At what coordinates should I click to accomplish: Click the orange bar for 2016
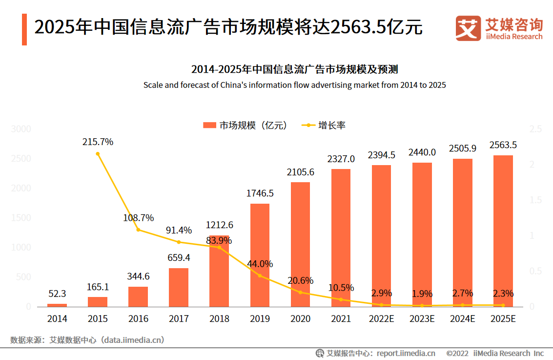(138, 296)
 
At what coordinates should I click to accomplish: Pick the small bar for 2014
(57, 305)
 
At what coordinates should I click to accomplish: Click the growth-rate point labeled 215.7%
(98, 154)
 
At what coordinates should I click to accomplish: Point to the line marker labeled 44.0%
(260, 275)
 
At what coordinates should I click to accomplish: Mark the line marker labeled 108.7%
(138, 230)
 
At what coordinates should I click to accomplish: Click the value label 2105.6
(300, 172)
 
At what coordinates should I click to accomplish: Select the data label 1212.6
(219, 225)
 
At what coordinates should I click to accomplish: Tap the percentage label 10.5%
(341, 288)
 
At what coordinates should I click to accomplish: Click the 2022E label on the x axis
(381, 319)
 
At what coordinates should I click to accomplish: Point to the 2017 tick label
(179, 319)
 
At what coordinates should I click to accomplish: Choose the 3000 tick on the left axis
(21, 129)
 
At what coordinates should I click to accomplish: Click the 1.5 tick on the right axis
(535, 200)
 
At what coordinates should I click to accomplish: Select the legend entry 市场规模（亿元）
(245, 126)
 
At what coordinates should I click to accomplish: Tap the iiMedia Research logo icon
(468, 28)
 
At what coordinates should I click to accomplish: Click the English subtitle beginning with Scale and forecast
(294, 85)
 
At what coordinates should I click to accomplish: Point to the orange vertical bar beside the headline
(24, 30)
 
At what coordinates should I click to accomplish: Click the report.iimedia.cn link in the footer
(406, 353)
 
